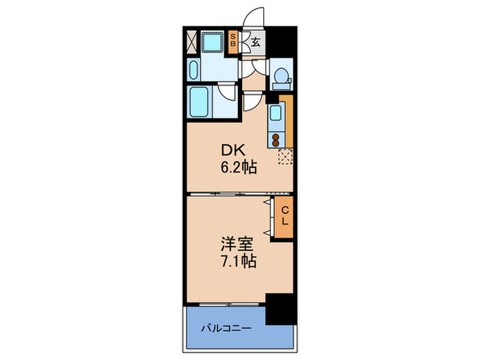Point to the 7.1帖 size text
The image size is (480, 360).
[x=239, y=261]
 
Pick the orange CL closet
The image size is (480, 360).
[x=283, y=217]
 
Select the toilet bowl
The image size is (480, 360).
[x=280, y=78]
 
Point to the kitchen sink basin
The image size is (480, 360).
[x=276, y=114]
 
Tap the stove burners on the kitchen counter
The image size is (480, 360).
[x=276, y=139]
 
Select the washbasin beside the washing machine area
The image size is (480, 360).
[x=194, y=71]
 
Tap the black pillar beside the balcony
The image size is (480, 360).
[x=280, y=309]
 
